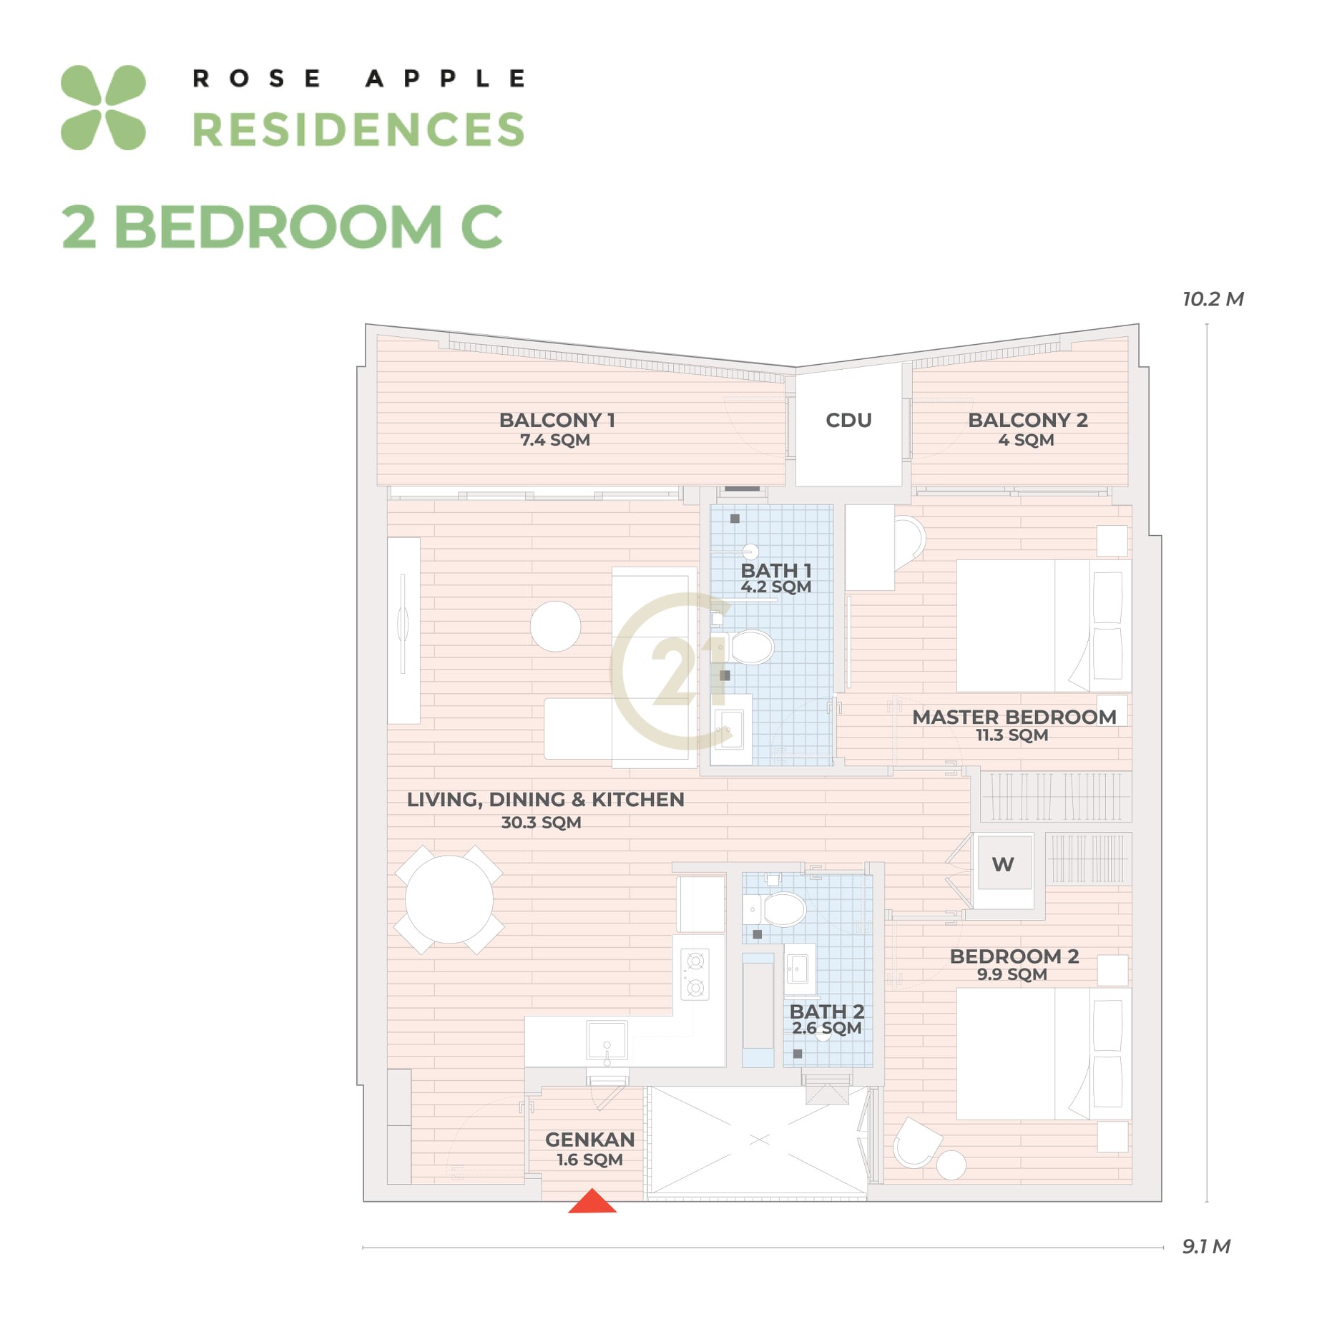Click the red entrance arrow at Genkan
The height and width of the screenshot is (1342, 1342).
(x=592, y=1202)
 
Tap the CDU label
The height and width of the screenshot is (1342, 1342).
(x=848, y=420)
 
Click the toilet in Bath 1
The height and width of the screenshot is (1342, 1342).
(x=747, y=647)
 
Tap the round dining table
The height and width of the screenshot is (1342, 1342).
(x=449, y=899)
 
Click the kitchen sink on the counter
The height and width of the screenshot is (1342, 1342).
(x=607, y=1040)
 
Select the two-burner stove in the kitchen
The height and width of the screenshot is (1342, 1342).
(x=695, y=974)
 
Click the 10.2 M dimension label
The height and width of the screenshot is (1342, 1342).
(x=1213, y=299)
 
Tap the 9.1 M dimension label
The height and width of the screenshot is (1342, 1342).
(x=1206, y=1246)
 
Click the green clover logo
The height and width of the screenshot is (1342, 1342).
(x=103, y=108)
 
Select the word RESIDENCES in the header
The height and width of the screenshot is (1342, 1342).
(x=358, y=129)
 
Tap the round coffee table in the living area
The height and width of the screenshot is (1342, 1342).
(x=555, y=627)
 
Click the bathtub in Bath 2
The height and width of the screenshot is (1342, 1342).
(x=758, y=1010)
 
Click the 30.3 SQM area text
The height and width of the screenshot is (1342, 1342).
(x=541, y=822)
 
